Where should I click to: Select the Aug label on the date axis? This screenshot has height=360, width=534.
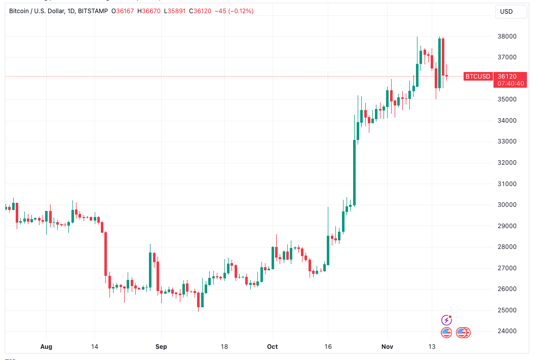pyautogui.click(x=46, y=347)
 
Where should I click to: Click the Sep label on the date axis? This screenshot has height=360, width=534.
pyautogui.click(x=161, y=347)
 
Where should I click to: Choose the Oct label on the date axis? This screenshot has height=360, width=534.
pyautogui.click(x=273, y=347)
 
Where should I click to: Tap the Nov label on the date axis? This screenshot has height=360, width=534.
pyautogui.click(x=387, y=347)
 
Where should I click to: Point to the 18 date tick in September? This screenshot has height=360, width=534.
pyautogui.click(x=224, y=347)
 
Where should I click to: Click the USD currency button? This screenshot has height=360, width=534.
pyautogui.click(x=506, y=11)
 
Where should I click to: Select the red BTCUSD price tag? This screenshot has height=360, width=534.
pyautogui.click(x=478, y=76)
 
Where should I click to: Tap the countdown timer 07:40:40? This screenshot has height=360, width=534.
pyautogui.click(x=511, y=83)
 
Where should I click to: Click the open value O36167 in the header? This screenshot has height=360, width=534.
pyautogui.click(x=124, y=11)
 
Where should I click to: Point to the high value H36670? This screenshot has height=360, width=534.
pyautogui.click(x=148, y=11)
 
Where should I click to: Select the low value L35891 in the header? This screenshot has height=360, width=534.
pyautogui.click(x=172, y=11)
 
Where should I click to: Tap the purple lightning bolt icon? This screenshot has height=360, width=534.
pyautogui.click(x=446, y=320)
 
